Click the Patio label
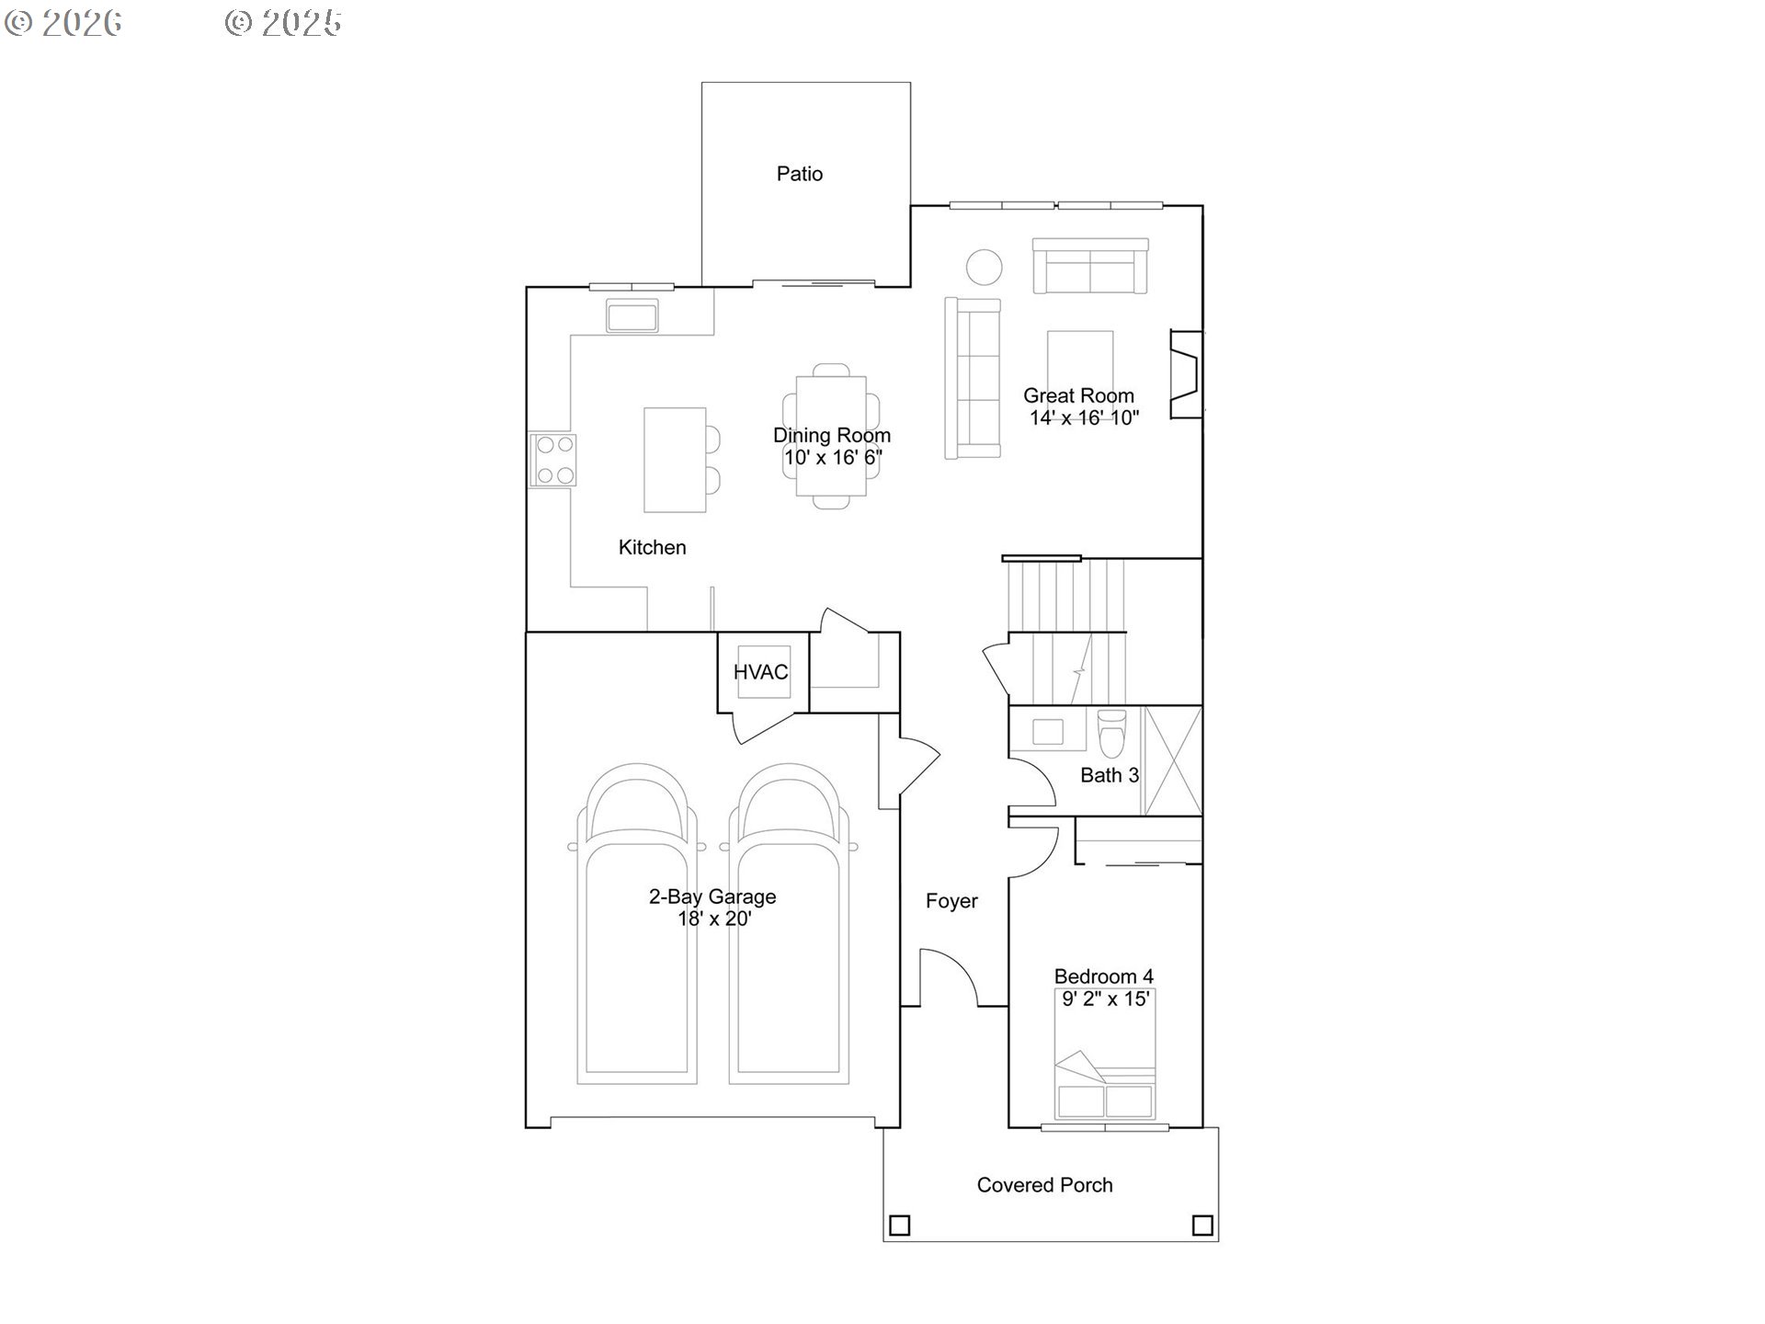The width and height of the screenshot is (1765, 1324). [x=799, y=174]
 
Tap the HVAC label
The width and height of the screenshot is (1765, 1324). [x=760, y=672]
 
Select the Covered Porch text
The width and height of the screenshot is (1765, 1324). [x=1044, y=1185]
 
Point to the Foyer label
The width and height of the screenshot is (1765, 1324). [x=951, y=901]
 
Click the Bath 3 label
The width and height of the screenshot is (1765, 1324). [x=1110, y=775]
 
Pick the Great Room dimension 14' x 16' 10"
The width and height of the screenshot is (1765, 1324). [x=1084, y=418]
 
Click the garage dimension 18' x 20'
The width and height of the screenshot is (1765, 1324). [x=714, y=919]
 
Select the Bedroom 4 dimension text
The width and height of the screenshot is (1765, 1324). [x=1106, y=999]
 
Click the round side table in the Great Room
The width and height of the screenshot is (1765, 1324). [x=984, y=268]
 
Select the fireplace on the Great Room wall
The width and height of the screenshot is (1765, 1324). [x=1185, y=374]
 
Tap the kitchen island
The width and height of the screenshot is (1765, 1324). [x=675, y=460]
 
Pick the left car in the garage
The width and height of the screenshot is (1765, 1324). [x=636, y=924]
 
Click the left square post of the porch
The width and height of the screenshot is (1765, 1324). [x=900, y=1226]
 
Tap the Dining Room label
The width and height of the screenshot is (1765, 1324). [x=832, y=436]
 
